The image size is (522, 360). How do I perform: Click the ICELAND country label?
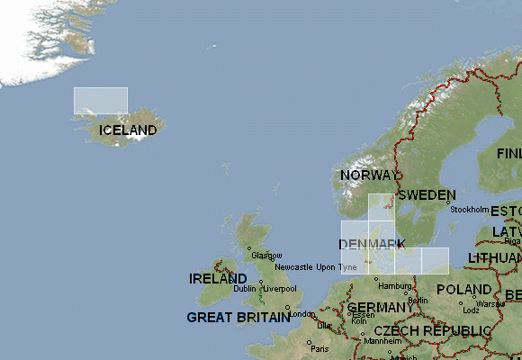[128, 130]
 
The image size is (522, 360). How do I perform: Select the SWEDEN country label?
[427, 194]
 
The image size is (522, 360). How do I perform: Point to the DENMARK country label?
[372, 245]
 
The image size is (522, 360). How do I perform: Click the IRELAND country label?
[219, 279]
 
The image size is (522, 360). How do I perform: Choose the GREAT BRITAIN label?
[238, 317]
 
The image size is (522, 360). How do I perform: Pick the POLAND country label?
[463, 290]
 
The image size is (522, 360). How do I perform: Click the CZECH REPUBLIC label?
[433, 331]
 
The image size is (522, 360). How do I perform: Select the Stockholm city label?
[469, 210]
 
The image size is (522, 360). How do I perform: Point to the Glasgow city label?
[266, 256]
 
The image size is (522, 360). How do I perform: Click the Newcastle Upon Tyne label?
[316, 267]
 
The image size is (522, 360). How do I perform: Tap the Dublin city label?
[244, 289]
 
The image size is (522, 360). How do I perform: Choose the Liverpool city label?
[279, 289]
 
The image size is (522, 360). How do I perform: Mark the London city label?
[301, 314]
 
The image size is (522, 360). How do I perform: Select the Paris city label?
[319, 348]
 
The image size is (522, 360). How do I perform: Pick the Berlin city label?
[418, 301]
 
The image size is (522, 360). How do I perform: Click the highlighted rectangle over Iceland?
[101, 100]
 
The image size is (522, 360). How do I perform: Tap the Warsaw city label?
[490, 304]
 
